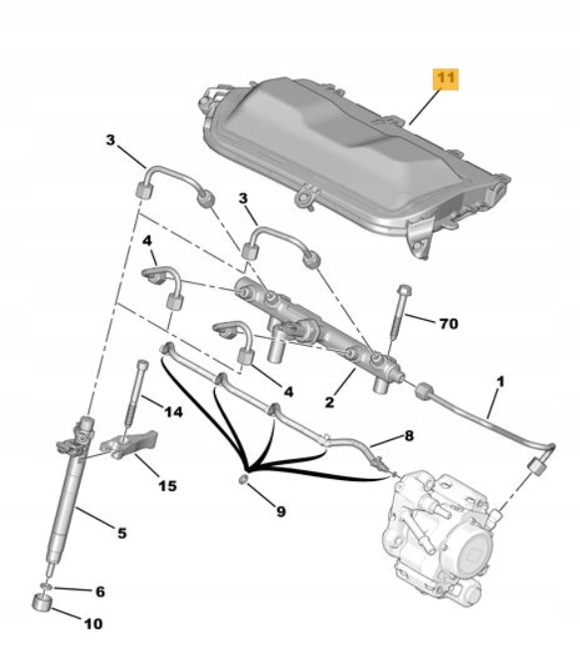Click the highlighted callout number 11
(x=445, y=79)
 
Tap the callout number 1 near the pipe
(x=500, y=382)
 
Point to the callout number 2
(x=329, y=404)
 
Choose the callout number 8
(x=409, y=435)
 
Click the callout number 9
(x=281, y=512)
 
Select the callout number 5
(x=121, y=534)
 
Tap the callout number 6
(x=98, y=591)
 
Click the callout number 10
(x=93, y=624)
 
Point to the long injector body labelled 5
(x=71, y=497)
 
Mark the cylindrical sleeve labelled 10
(x=43, y=604)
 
